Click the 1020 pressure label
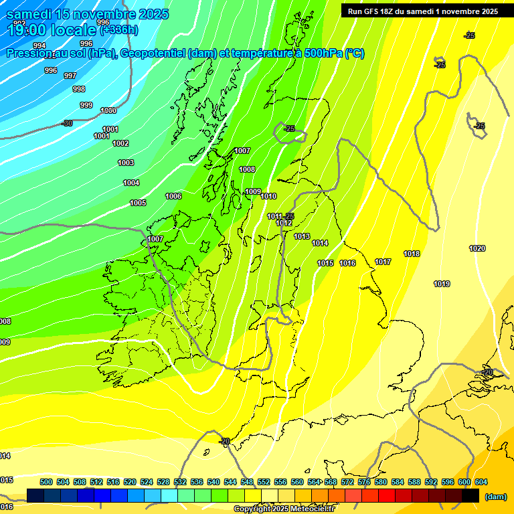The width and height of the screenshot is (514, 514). [477, 248]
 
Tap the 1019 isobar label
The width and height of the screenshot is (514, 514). [442, 284]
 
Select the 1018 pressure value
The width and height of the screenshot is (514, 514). [412, 254]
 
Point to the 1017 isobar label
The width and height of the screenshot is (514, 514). [383, 262]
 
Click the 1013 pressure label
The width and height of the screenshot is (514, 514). [302, 236]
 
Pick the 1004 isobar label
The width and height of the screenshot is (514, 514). [131, 183]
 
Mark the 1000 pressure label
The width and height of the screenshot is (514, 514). [108, 110]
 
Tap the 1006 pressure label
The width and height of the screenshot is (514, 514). [173, 196]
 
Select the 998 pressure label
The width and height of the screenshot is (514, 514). [79, 89]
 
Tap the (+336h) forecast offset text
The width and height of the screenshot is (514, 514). [119, 29]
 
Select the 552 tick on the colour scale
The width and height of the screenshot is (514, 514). [264, 482]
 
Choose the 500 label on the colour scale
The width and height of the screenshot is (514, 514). [46, 482]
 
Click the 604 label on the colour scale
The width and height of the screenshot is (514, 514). [481, 482]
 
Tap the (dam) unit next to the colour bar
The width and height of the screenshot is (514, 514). [495, 496]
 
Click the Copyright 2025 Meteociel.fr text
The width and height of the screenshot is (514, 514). [284, 509]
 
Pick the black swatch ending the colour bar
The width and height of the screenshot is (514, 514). [470, 495]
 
